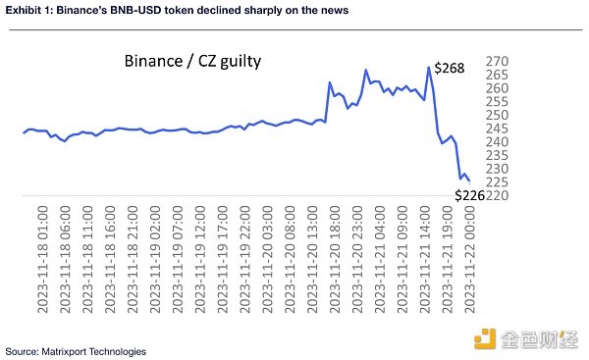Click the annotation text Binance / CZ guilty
[192, 62]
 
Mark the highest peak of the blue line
[429, 68]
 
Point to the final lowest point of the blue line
[468, 180]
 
